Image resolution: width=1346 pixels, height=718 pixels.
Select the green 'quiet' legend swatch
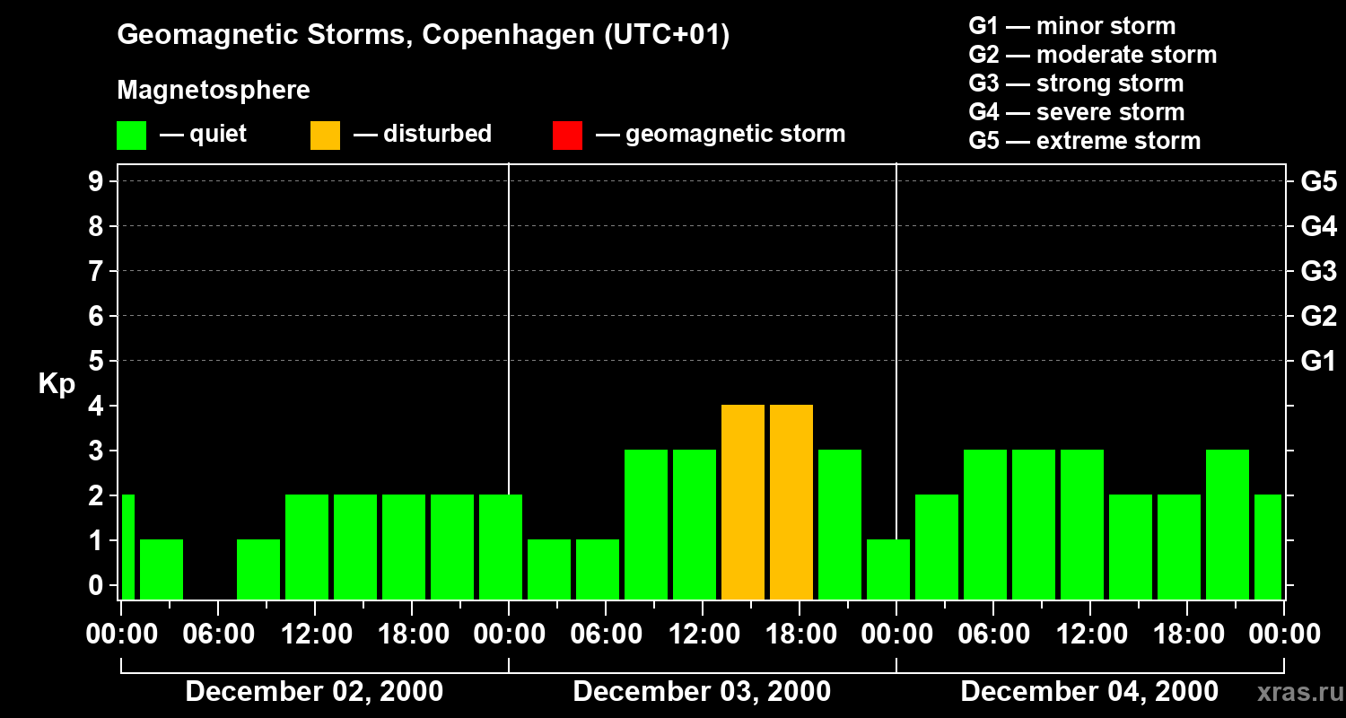[131, 136]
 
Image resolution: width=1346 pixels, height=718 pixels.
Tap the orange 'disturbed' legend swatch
[325, 136]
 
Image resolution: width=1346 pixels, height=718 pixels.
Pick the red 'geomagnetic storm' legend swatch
[567, 136]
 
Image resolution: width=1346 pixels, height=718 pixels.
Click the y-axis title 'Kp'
[57, 383]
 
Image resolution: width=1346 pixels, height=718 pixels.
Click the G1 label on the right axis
[1318, 361]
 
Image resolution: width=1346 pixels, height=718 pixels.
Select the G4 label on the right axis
[1318, 226]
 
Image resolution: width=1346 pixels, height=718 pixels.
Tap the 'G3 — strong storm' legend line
[1076, 83]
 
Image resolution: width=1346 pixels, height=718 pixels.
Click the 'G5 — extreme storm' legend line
[1084, 141]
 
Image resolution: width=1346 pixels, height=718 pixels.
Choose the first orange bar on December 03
[743, 502]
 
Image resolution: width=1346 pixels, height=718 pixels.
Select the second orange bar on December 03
[791, 502]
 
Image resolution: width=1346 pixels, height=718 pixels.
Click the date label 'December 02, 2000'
[313, 692]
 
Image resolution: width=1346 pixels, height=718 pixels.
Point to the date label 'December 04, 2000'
[1089, 692]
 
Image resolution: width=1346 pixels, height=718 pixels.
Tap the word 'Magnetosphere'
[214, 91]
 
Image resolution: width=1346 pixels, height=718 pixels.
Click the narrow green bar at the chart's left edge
[127, 547]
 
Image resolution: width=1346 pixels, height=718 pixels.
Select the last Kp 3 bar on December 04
[1228, 524]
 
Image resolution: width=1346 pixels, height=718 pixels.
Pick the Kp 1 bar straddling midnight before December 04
[888, 569]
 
